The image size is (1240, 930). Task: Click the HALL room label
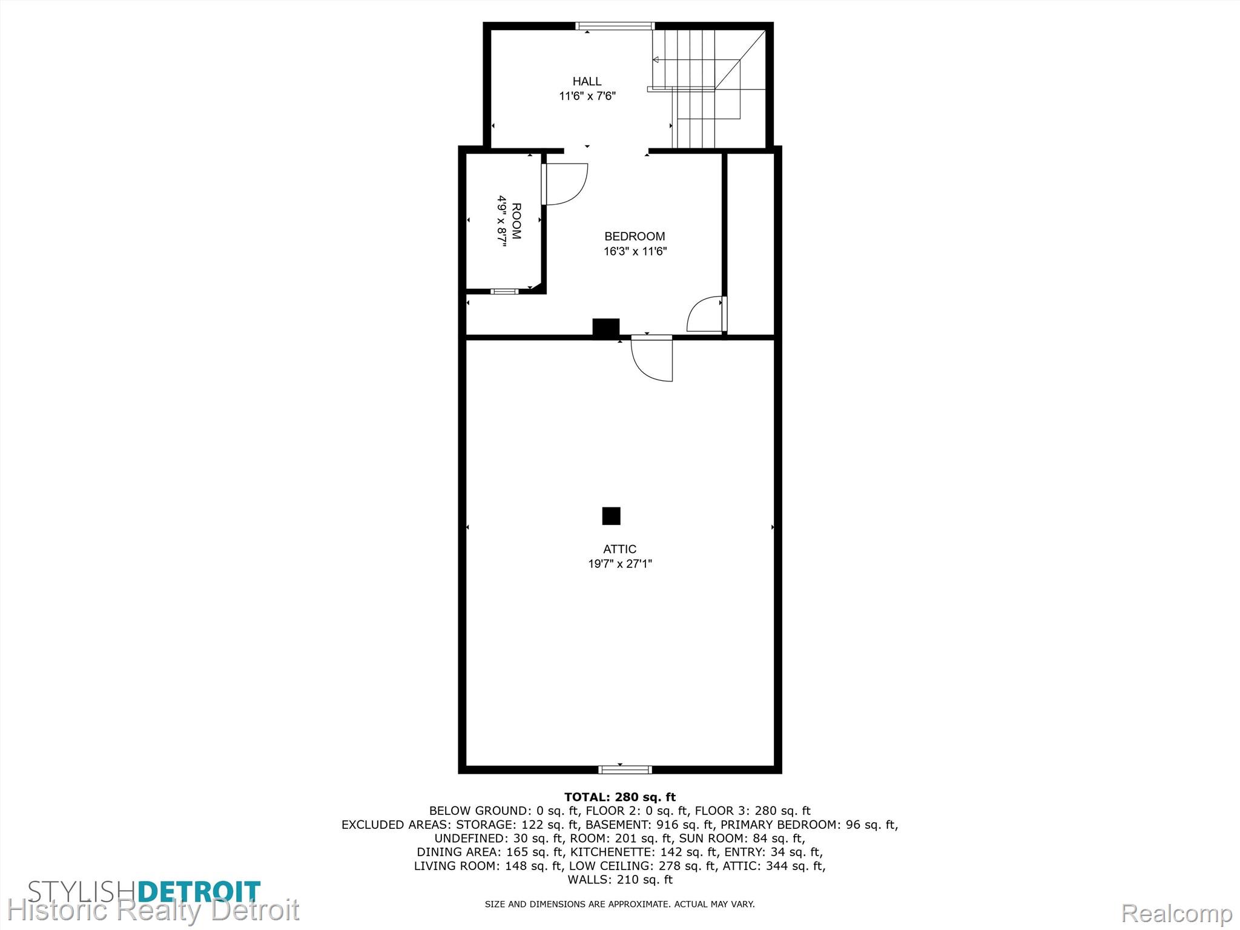click(x=587, y=81)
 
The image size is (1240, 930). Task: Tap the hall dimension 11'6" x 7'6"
click(x=587, y=96)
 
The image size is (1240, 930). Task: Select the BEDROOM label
click(x=635, y=236)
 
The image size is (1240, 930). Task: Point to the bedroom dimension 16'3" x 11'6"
click(x=635, y=251)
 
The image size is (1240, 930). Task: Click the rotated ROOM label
click(x=516, y=221)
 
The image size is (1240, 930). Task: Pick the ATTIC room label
click(x=619, y=549)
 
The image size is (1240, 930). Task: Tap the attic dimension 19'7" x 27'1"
click(x=620, y=564)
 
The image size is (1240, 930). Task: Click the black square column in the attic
click(x=611, y=516)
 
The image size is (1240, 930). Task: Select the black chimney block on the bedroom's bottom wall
click(x=605, y=327)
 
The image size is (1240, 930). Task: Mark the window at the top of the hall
click(x=615, y=26)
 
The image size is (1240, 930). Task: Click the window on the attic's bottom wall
click(x=625, y=770)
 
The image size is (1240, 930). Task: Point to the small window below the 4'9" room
click(x=504, y=291)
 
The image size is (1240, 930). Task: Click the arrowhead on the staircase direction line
click(x=656, y=59)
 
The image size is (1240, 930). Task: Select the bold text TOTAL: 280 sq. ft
click(x=620, y=797)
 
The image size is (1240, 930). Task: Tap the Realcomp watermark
click(x=1176, y=914)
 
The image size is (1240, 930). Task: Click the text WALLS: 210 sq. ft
click(x=620, y=880)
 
